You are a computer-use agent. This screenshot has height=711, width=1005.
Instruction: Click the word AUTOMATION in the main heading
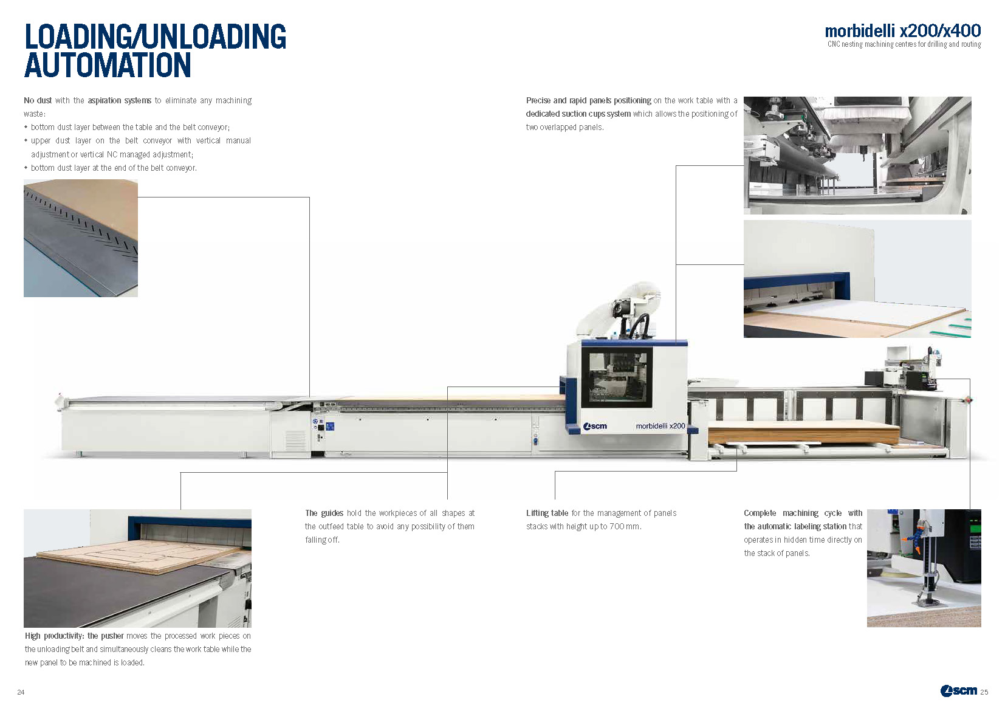coord(108,66)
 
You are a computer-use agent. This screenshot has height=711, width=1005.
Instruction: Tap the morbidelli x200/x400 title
coord(902,30)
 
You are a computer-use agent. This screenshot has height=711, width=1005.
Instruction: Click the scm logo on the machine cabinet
coord(595,426)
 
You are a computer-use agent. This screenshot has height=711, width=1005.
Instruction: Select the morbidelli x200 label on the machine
coord(660,426)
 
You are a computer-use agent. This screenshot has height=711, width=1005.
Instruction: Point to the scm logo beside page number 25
coord(958,690)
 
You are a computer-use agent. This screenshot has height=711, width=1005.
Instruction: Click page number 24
coord(21,692)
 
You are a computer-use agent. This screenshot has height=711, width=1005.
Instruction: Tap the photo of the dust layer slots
coord(81,238)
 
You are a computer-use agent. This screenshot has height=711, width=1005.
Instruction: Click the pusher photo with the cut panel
coord(137,568)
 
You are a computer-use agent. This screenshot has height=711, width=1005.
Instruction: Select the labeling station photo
coord(924,568)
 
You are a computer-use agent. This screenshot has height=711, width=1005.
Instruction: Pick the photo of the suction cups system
coord(857,156)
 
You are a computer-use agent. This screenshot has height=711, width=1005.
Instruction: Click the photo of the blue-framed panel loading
coord(857,279)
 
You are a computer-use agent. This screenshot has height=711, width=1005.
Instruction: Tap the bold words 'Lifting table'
coord(547,513)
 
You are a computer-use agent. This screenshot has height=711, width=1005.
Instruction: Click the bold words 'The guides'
coord(324,513)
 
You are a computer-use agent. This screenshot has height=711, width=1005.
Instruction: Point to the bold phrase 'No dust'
coord(38,100)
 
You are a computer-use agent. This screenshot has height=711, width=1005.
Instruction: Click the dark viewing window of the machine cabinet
coord(616,377)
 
